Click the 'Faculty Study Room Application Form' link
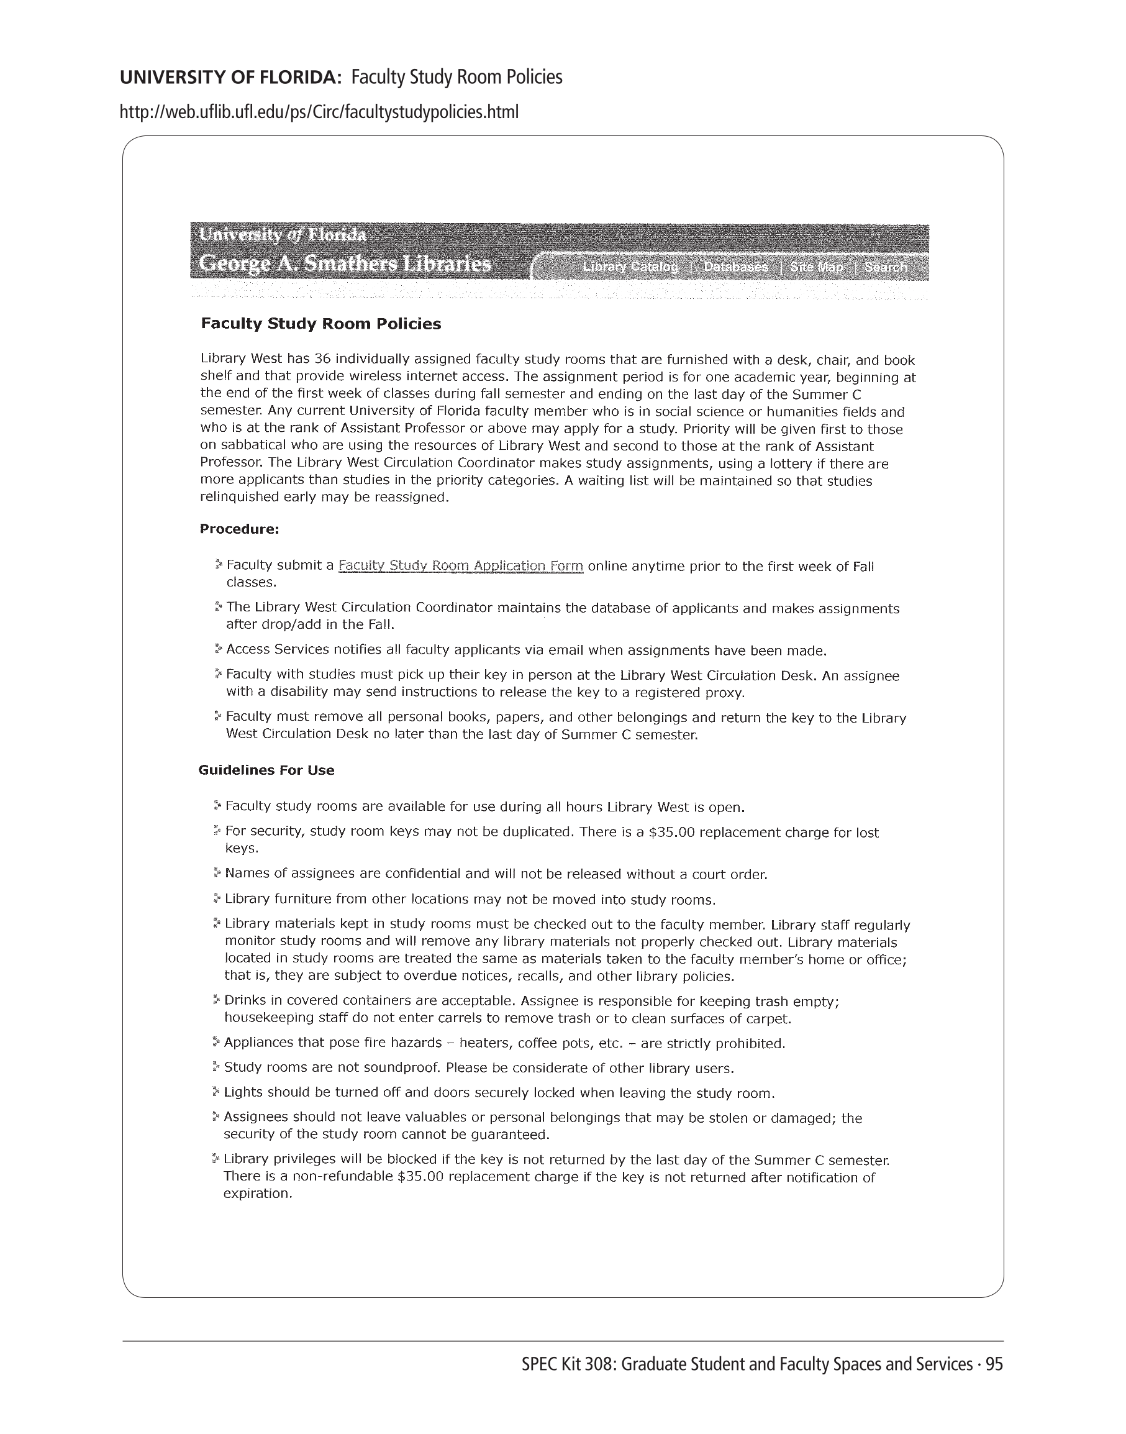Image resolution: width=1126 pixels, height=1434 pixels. tap(460, 566)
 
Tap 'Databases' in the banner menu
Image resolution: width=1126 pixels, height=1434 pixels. tap(735, 267)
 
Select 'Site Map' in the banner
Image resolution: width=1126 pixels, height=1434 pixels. tap(817, 267)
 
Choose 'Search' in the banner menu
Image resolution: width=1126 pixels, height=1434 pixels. tap(886, 267)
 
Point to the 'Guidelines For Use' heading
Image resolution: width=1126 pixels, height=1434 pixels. tap(266, 770)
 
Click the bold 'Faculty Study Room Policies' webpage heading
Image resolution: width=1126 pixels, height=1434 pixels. tap(321, 324)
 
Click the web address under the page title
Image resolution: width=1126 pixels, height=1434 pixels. tap(319, 112)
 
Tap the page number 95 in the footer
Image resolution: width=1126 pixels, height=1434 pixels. tap(994, 1364)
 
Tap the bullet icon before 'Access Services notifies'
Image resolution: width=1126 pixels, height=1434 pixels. tap(218, 649)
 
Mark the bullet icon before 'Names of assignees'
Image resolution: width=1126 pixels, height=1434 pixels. tap(217, 874)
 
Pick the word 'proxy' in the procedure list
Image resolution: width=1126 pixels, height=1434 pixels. tap(727, 693)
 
